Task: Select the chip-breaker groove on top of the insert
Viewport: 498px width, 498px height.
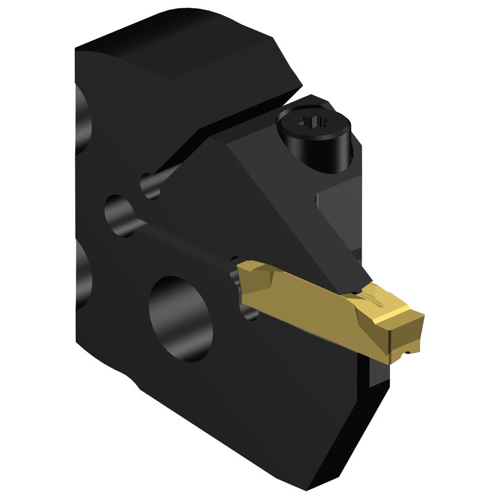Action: click(x=374, y=300)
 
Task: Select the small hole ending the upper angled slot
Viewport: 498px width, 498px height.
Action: click(x=150, y=185)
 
